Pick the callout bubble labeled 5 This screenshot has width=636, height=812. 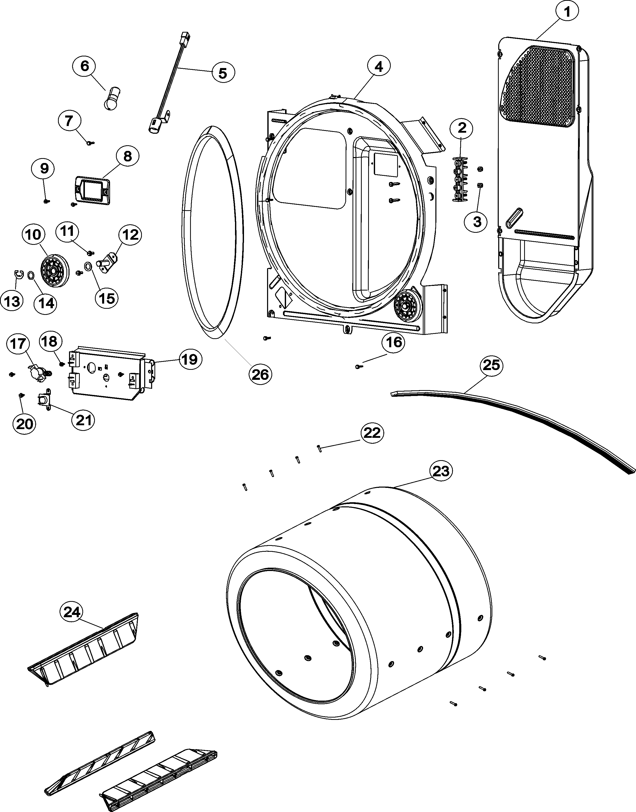tap(223, 73)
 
